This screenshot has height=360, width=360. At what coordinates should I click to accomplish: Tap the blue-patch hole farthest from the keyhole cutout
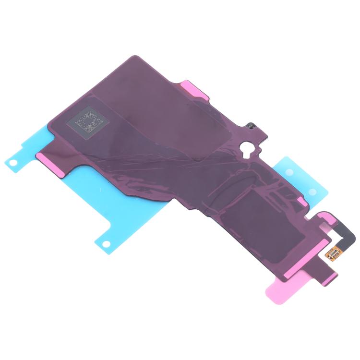point(312,192)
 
